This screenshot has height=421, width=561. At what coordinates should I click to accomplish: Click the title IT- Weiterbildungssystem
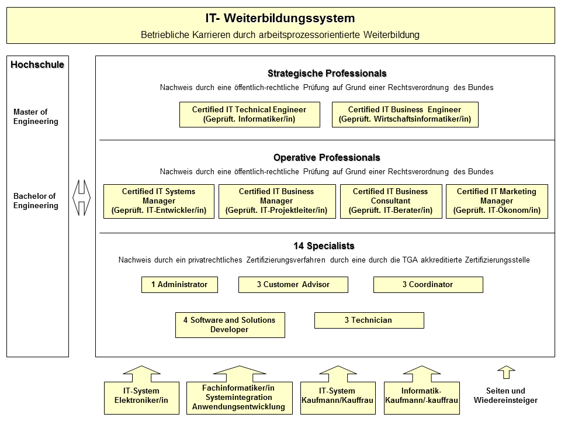[x=280, y=19]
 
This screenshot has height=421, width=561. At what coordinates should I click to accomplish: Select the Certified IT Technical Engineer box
[x=250, y=115]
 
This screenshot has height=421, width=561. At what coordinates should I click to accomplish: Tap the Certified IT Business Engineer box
[x=404, y=115]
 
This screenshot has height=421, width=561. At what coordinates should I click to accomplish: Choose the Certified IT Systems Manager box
[x=159, y=201]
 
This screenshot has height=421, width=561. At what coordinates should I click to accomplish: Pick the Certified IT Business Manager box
[x=277, y=201]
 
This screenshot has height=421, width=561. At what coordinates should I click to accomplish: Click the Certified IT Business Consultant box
[x=391, y=201]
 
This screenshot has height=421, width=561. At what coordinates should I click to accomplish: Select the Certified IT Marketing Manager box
[x=497, y=201]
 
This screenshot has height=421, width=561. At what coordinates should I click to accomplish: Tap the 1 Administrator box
[x=179, y=285]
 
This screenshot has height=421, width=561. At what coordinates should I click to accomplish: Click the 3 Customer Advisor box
[x=293, y=285]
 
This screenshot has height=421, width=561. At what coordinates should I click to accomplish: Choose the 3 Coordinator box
[x=428, y=285]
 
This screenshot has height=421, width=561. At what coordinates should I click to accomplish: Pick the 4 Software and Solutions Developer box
[x=230, y=325]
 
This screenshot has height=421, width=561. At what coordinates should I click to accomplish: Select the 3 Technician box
[x=369, y=320]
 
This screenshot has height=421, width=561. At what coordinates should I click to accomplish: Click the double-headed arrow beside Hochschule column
[x=82, y=196]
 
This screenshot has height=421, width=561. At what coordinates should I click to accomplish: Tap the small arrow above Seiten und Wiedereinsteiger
[x=506, y=372]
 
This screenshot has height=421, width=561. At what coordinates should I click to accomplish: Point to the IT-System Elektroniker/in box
[x=141, y=396]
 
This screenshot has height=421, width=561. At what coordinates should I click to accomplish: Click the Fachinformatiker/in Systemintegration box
[x=238, y=397]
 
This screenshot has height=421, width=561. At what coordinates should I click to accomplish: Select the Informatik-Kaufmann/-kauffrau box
[x=421, y=396]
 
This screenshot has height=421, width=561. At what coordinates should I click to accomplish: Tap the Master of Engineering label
[x=36, y=117]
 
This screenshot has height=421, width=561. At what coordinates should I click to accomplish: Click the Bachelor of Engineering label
[x=36, y=201]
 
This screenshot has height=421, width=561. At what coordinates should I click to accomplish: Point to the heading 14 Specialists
[x=324, y=246]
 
